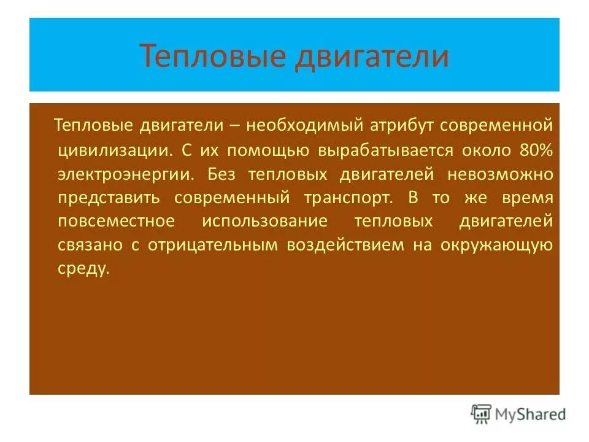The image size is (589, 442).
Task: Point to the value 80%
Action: click(536, 150)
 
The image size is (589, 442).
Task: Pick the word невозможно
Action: click(500, 174)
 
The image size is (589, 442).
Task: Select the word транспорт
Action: click(347, 198)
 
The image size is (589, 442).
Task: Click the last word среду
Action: click(83, 269)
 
